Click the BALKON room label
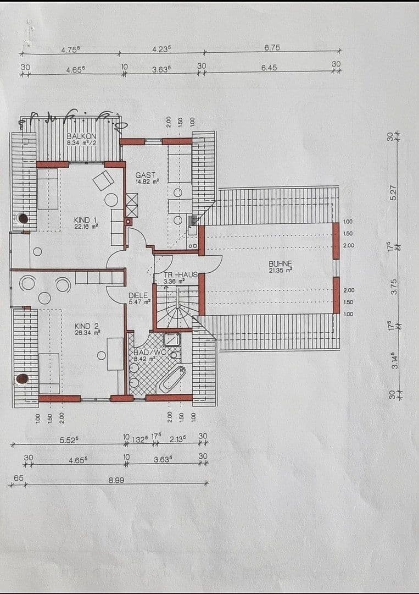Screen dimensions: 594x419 click(x=81, y=136)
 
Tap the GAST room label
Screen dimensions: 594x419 click(x=145, y=175)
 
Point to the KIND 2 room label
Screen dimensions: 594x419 click(x=87, y=326)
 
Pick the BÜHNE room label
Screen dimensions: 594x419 click(x=280, y=263)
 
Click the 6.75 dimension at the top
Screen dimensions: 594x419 click(x=272, y=48)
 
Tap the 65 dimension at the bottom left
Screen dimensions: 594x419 click(x=18, y=479)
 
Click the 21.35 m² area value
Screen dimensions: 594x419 click(x=280, y=270)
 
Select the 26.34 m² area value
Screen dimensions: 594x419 click(x=87, y=333)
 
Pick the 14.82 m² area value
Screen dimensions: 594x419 click(x=147, y=181)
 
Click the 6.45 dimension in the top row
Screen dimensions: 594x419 click(x=269, y=68)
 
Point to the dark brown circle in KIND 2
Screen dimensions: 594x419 click(x=22, y=378)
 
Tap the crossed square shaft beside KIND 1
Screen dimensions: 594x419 click(x=132, y=205)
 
